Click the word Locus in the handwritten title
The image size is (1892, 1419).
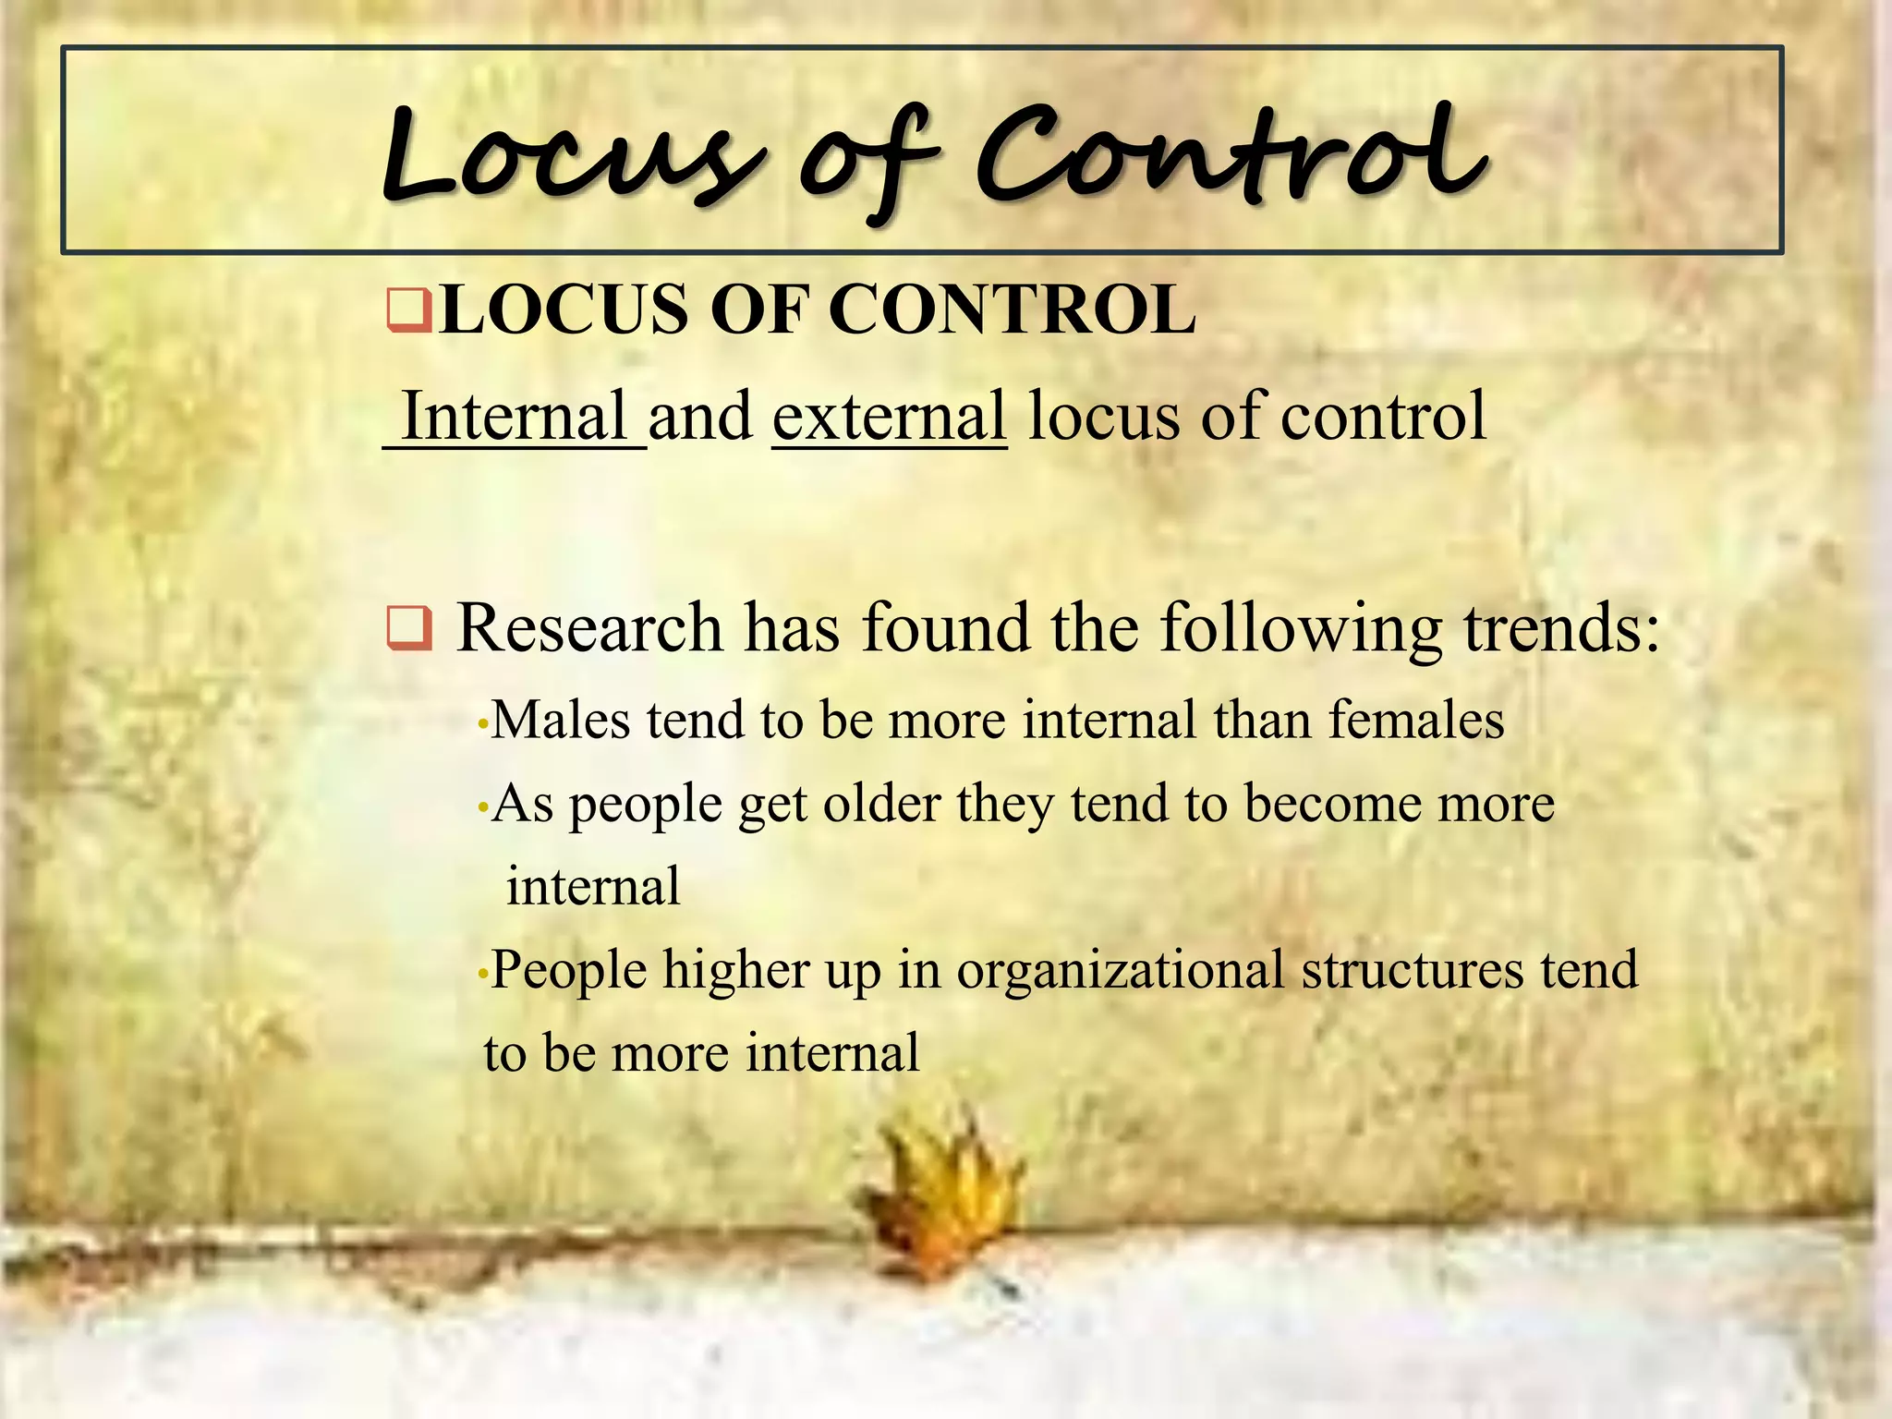pyautogui.click(x=573, y=157)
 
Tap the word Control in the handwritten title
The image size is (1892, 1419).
pyautogui.click(x=1229, y=157)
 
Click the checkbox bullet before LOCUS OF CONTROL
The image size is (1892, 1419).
pyautogui.click(x=409, y=310)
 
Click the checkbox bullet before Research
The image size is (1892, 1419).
pyautogui.click(x=409, y=629)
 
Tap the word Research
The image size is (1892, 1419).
pyautogui.click(x=589, y=628)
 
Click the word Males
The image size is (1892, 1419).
pyautogui.click(x=560, y=720)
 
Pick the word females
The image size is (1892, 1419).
pyautogui.click(x=1416, y=720)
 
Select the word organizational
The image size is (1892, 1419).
pyautogui.click(x=1120, y=970)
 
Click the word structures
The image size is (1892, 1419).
pyautogui.click(x=1412, y=970)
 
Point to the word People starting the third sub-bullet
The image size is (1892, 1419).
pyautogui.click(x=569, y=970)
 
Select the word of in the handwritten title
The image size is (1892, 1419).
pyautogui.click(x=864, y=162)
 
